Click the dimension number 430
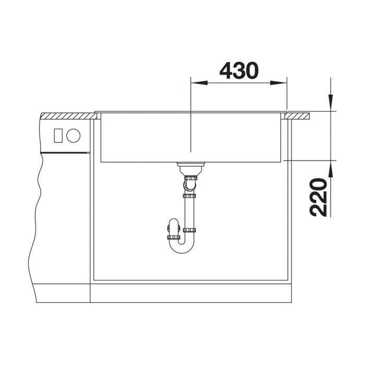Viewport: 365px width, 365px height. [x=239, y=71]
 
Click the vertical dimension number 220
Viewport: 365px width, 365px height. [x=319, y=198]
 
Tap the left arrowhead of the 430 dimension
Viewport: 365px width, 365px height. [x=199, y=82]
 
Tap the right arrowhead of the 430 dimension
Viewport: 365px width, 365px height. [x=278, y=82]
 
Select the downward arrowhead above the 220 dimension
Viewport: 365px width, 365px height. [x=331, y=102]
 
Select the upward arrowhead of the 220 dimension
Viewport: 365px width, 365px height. [x=331, y=169]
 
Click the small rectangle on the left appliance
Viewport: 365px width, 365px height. [x=58, y=136]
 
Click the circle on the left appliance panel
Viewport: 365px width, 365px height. [x=74, y=136]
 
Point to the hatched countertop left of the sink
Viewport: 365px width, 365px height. [x=68, y=116]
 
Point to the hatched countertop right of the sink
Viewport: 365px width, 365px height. [x=298, y=116]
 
